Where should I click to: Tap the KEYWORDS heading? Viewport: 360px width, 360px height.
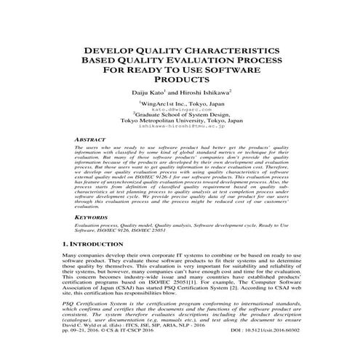pyautogui.click(x=92, y=217)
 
